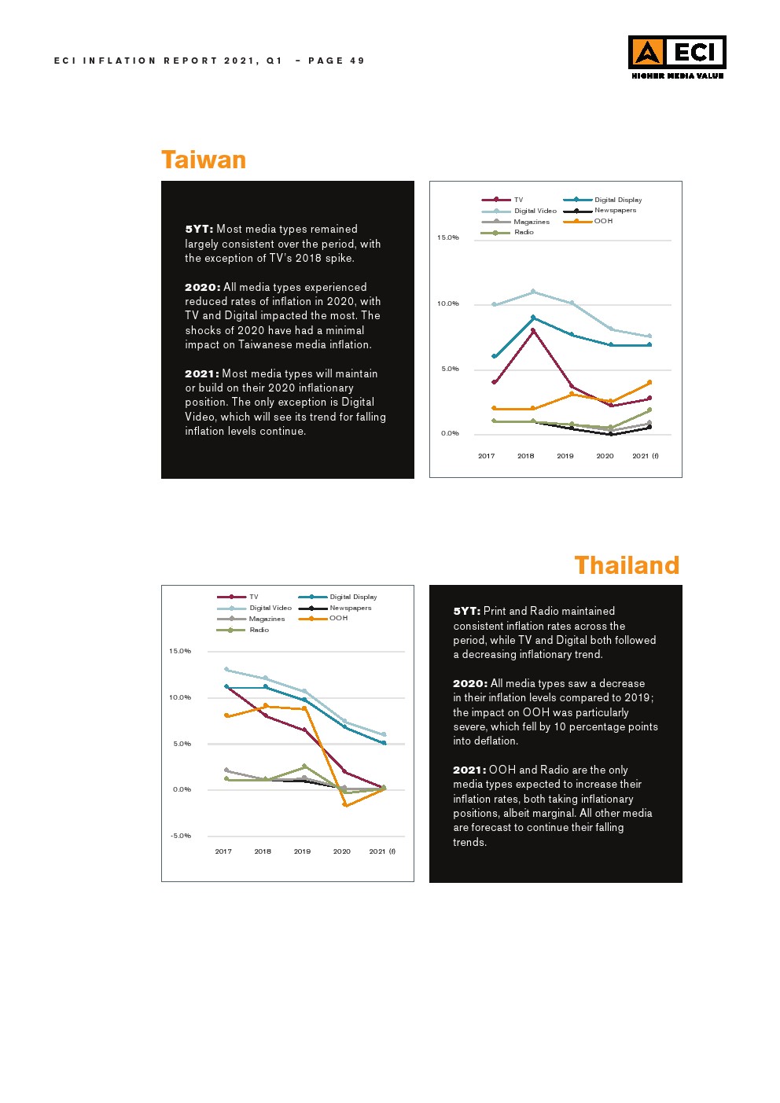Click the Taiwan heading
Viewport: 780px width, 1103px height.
pos(204,160)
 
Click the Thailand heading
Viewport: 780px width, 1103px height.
pos(626,565)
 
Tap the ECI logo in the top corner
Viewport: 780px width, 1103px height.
pos(676,56)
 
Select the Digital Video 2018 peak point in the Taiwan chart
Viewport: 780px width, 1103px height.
pos(533,292)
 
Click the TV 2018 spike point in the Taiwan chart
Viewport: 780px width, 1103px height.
pos(533,331)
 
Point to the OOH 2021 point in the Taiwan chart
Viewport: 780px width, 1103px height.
pos(649,383)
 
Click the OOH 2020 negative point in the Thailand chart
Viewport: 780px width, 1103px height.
pos(344,805)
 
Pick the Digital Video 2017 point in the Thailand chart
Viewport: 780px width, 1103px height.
pos(226,670)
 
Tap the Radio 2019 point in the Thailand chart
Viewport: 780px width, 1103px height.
pos(304,767)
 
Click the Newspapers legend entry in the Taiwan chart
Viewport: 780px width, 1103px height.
pos(615,211)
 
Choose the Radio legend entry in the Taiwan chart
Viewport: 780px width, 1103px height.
pos(524,233)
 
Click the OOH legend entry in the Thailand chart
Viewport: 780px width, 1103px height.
pos(338,619)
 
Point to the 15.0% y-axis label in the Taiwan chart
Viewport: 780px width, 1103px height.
pos(448,237)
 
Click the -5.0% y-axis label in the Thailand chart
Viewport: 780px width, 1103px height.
pos(181,836)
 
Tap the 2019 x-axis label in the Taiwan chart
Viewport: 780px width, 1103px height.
pos(565,456)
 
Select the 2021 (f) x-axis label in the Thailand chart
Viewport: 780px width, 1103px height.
pos(382,851)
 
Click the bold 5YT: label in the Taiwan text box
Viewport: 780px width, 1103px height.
pos(199,230)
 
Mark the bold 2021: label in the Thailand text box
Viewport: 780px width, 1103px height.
pos(469,770)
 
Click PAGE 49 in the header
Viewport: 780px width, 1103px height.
pos(337,61)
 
